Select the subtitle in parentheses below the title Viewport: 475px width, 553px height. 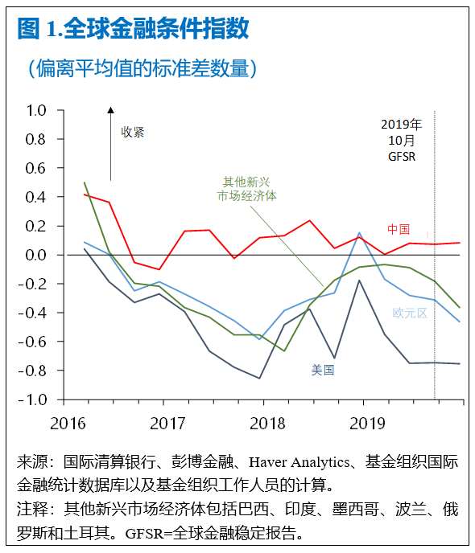[x=141, y=68]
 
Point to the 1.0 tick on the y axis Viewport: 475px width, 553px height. [x=37, y=110]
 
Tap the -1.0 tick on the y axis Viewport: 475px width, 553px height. [x=35, y=399]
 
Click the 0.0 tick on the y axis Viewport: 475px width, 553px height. [x=37, y=255]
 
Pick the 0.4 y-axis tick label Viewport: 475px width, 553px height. [x=37, y=197]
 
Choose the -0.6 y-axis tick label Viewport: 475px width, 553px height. [x=35, y=342]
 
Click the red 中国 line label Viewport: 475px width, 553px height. [x=398, y=229]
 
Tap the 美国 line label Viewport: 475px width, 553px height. [x=323, y=371]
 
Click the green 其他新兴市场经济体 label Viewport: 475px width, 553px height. [x=247, y=189]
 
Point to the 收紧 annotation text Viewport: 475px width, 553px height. [x=133, y=133]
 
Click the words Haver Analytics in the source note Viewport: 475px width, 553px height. [x=300, y=463]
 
